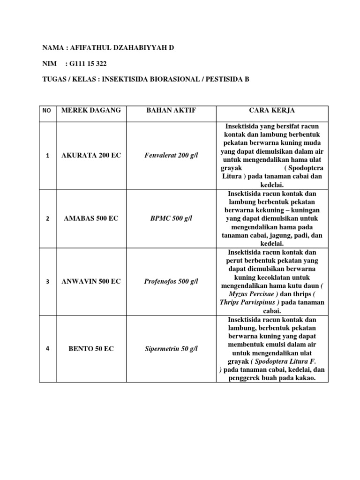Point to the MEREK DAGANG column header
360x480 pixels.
91,110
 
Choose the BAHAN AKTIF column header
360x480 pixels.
171,110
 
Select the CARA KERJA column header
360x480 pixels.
272,110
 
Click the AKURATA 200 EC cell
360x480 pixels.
91,156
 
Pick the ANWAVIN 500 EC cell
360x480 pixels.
91,281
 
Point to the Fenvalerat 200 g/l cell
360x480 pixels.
171,156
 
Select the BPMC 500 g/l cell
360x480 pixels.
171,218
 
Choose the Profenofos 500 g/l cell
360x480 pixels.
171,281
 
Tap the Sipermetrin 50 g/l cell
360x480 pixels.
171,349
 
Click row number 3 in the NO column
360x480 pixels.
48,282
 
